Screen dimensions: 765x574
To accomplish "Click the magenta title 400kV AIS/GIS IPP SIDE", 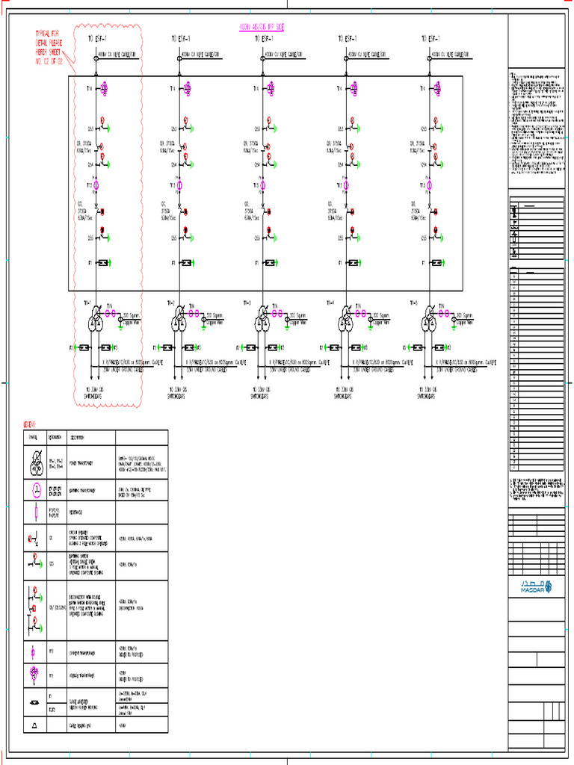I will (261, 26).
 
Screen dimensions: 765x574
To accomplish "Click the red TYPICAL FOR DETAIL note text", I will (51, 47).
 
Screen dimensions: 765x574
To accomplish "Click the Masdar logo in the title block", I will (535, 587).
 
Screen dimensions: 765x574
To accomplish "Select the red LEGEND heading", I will (31, 424).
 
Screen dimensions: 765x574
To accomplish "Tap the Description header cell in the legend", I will (78, 438).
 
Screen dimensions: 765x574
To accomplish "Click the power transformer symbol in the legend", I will (34, 462).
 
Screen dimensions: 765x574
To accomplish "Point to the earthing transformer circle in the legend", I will (34, 490).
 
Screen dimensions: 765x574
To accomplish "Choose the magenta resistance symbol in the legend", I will (34, 512).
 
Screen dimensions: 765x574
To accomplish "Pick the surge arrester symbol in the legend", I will (34, 702).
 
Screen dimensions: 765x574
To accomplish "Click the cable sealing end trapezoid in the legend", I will (34, 725).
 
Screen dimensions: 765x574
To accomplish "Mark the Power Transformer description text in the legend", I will (82, 462).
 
